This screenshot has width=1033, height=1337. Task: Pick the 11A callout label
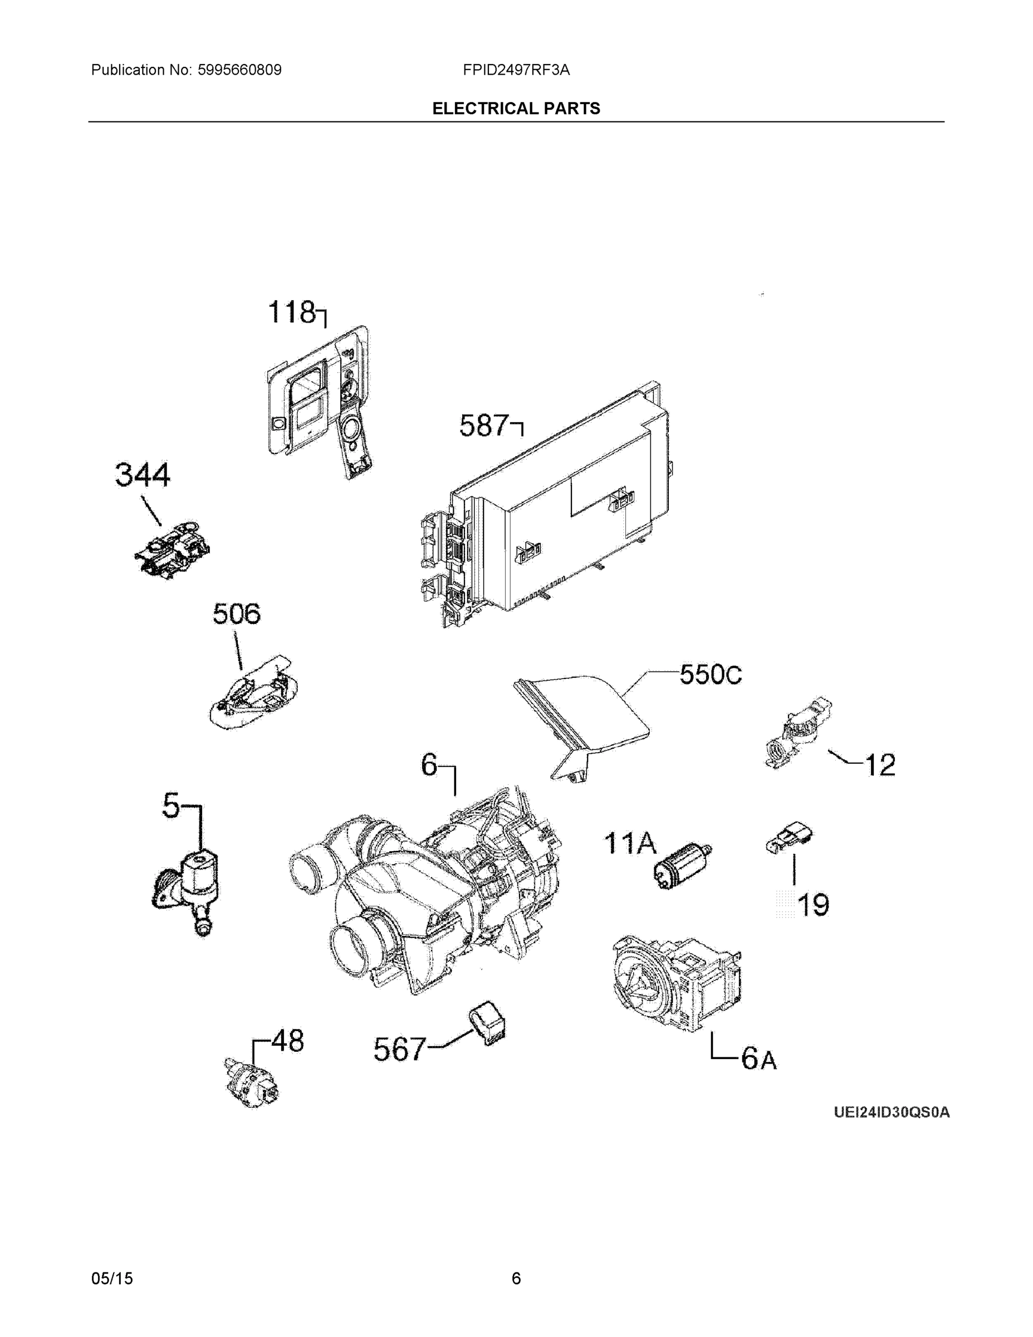(630, 843)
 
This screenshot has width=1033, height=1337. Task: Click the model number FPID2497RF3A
(516, 70)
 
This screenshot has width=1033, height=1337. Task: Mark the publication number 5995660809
(239, 70)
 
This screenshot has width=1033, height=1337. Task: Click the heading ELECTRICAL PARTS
(516, 109)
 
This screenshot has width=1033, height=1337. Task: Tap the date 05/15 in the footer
(112, 1279)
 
